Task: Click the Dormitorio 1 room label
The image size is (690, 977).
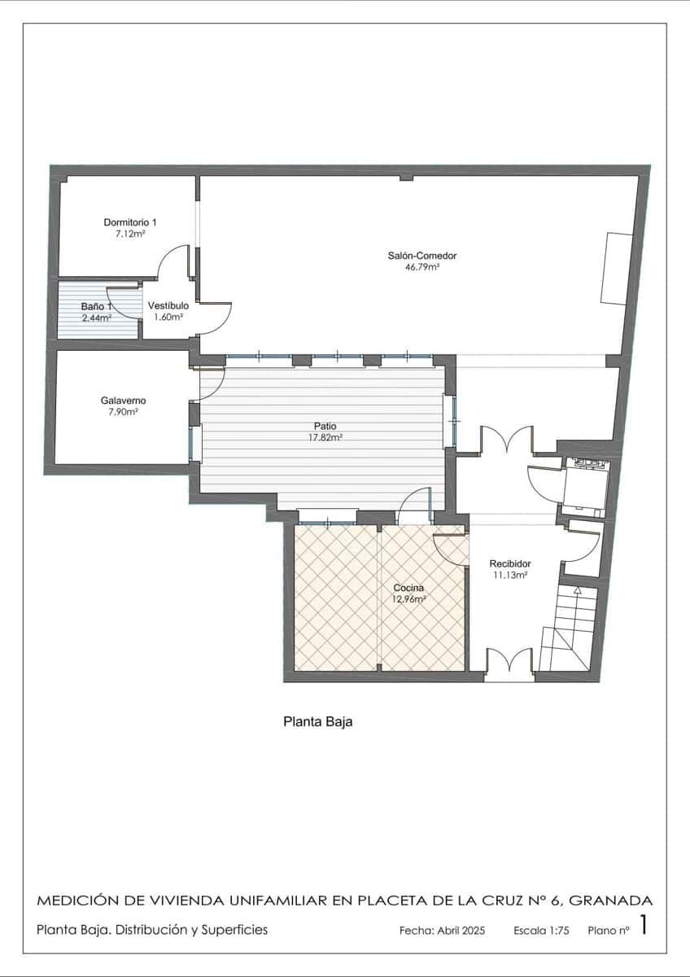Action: tap(130, 222)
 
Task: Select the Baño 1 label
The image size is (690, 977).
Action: tap(96, 307)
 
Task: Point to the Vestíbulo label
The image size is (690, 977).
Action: tap(168, 305)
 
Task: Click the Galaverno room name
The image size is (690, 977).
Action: tap(124, 401)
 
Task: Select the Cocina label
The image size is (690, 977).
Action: tap(409, 588)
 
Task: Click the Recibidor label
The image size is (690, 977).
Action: tap(510, 563)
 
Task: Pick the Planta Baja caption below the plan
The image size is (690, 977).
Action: tap(317, 721)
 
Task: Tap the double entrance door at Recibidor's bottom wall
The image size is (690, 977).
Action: tap(509, 662)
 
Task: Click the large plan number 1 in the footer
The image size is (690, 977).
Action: tap(644, 926)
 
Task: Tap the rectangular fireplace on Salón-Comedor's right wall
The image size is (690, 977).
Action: tap(616, 269)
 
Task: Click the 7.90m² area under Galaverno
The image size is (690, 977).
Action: tap(124, 412)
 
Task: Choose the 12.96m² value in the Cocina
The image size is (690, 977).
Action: tap(409, 599)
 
